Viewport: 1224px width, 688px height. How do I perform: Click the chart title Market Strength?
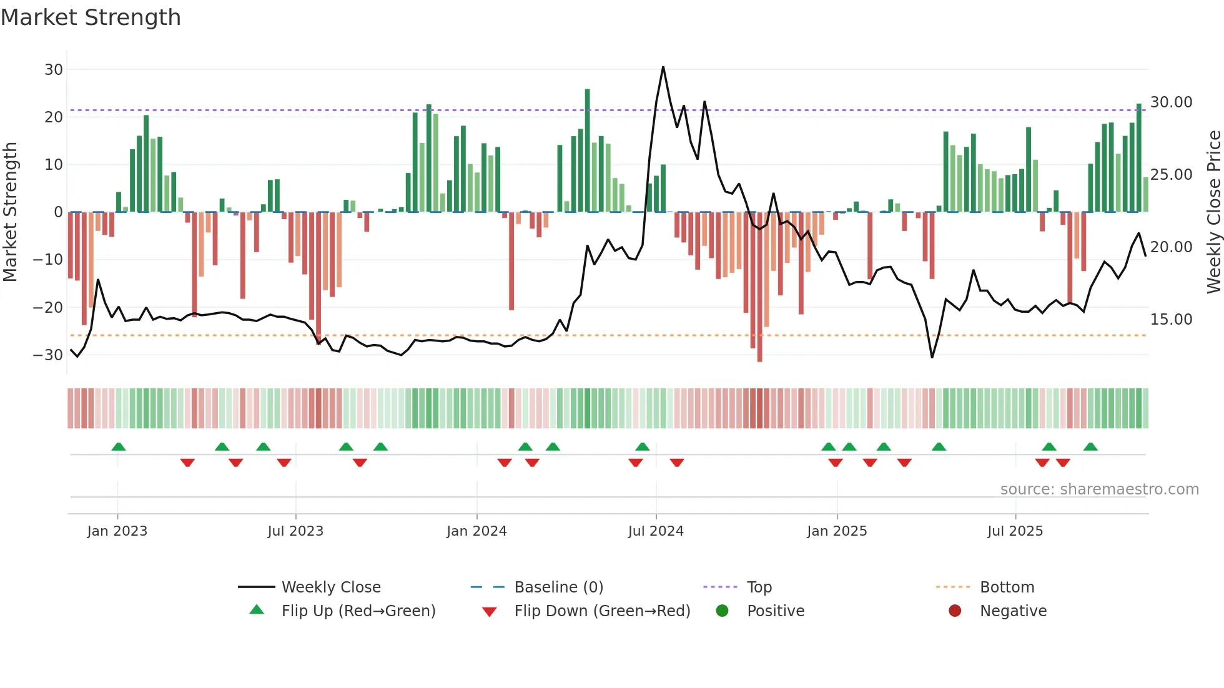[x=91, y=17]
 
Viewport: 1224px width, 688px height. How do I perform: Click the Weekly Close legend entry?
[x=330, y=587]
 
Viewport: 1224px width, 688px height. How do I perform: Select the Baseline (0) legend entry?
[x=558, y=587]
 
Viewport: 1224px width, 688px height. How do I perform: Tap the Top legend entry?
[x=759, y=587]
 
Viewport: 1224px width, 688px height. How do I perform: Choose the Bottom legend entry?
[x=1007, y=587]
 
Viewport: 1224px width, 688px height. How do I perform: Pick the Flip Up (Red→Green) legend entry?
[x=358, y=611]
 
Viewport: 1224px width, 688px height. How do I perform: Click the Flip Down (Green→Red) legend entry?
[x=602, y=611]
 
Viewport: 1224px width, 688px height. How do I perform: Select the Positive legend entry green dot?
[x=723, y=611]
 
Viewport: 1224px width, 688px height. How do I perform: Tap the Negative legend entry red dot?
[x=955, y=611]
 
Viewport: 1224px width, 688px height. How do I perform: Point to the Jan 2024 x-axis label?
[x=476, y=531]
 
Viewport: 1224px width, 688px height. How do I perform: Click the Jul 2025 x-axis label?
[x=1015, y=531]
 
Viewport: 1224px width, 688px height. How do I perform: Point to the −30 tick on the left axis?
[x=48, y=355]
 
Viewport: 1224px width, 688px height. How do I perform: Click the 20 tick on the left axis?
[x=54, y=117]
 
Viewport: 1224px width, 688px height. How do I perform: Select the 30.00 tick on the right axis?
[x=1171, y=102]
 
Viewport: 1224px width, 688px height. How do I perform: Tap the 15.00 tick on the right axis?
[x=1171, y=319]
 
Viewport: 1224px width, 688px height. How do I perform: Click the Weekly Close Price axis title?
[x=1213, y=212]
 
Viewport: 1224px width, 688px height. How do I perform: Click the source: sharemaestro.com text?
[x=1099, y=489]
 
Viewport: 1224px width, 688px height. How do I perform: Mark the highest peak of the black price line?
[x=663, y=67]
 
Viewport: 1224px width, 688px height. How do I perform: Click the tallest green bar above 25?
[x=587, y=150]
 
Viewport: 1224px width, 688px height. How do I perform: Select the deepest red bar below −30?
[x=759, y=287]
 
